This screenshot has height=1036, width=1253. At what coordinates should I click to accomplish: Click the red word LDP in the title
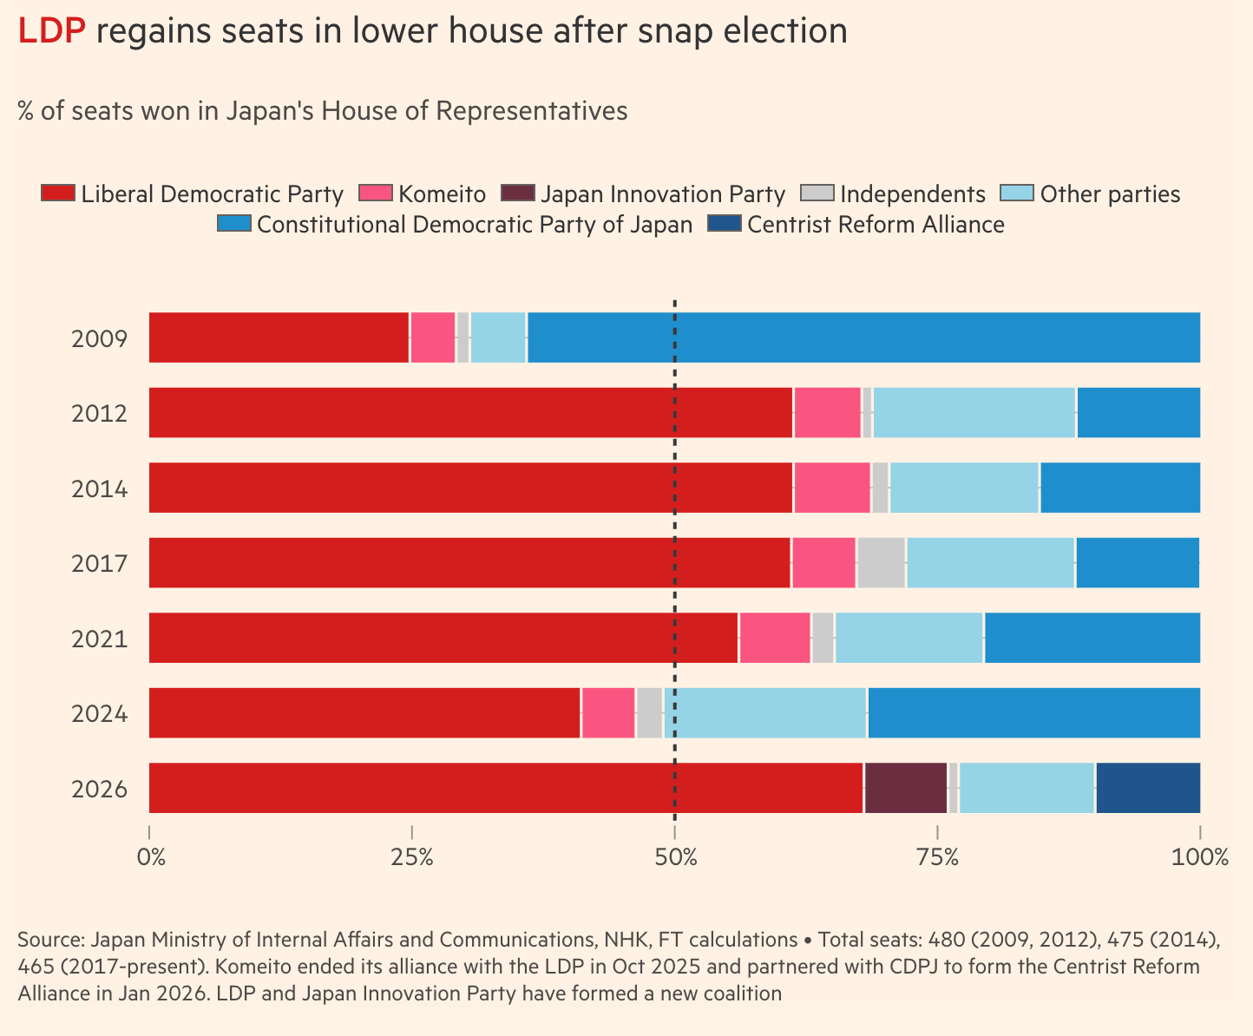click(x=52, y=31)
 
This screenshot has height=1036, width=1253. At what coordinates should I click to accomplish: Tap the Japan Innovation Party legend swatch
click(x=518, y=193)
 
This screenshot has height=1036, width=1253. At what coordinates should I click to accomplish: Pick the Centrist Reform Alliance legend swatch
click(x=725, y=224)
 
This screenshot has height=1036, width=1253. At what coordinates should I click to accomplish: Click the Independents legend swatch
click(x=817, y=193)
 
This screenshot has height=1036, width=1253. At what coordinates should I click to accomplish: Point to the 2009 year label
click(x=100, y=338)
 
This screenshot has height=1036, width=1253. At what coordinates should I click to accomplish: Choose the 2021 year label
click(x=100, y=639)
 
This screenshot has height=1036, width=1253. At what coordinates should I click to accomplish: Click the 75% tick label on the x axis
click(x=937, y=858)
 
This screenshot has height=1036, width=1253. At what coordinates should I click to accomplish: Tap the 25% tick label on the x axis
click(x=411, y=858)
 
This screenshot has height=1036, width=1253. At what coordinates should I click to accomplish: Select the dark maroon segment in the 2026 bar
click(x=905, y=788)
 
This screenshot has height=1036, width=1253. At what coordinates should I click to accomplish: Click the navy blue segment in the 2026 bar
click(x=1147, y=788)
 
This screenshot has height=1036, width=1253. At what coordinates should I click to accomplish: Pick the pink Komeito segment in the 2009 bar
click(x=432, y=338)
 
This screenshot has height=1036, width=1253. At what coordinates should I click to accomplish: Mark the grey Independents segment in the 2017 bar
click(x=881, y=562)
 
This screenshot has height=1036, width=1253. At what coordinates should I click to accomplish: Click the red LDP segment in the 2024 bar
click(x=364, y=713)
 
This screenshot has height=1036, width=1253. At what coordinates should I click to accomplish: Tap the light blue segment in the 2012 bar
click(x=974, y=412)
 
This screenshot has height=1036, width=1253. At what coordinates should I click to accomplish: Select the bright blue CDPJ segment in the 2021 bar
click(x=1092, y=638)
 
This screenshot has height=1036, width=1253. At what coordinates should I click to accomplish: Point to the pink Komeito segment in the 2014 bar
click(x=831, y=488)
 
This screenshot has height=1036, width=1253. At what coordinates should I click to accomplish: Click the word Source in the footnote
click(x=49, y=940)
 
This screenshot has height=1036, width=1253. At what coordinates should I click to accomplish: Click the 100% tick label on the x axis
click(x=1199, y=858)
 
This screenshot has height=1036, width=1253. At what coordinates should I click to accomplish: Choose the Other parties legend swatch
click(x=1017, y=193)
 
